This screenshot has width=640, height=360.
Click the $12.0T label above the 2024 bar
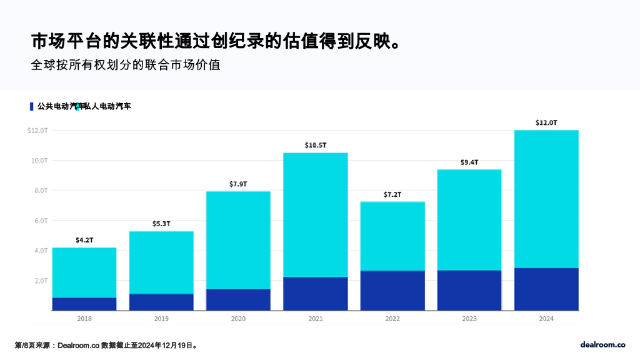pos(546,123)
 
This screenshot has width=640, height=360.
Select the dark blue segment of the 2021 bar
pos(316,294)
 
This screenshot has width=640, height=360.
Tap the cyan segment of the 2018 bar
pos(84,272)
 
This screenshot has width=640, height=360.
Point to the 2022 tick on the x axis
pos(392,319)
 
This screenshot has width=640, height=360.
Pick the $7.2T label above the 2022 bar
pos(392,195)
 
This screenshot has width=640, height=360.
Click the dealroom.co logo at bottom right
pos(602,344)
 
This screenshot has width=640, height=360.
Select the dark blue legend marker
pos(32,106)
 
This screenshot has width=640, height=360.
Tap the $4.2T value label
pos(84,241)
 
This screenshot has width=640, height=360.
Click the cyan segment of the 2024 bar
pos(546,199)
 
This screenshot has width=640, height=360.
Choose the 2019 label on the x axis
pos(161,319)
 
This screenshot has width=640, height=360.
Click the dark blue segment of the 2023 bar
pos(469,290)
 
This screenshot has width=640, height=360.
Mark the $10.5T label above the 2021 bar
pos(316,146)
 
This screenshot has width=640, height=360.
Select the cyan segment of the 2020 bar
pos(239,240)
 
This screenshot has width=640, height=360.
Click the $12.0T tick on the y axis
pos(37,131)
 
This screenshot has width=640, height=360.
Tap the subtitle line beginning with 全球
pos(126,64)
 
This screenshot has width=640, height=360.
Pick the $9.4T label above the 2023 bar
pos(469,162)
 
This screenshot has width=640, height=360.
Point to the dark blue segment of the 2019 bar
pos(161,302)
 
